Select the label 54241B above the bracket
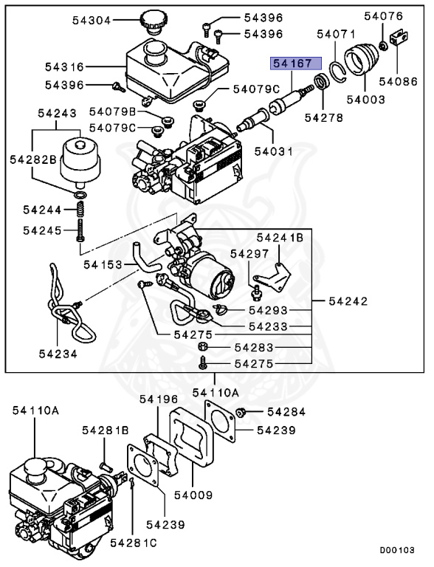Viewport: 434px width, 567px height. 280,237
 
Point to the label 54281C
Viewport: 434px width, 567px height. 134,543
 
